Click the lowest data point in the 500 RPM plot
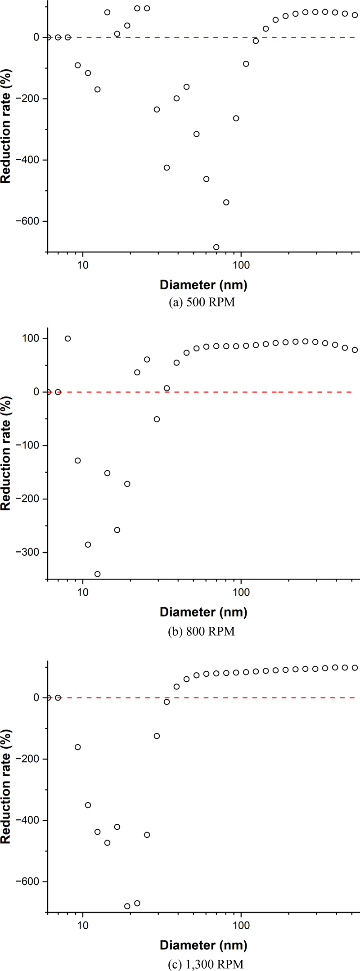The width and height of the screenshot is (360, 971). click(x=216, y=247)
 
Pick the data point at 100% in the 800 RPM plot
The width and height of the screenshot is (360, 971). click(x=68, y=338)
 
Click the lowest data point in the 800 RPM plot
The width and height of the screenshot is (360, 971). click(x=97, y=574)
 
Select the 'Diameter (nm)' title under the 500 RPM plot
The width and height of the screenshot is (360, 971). click(x=203, y=285)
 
